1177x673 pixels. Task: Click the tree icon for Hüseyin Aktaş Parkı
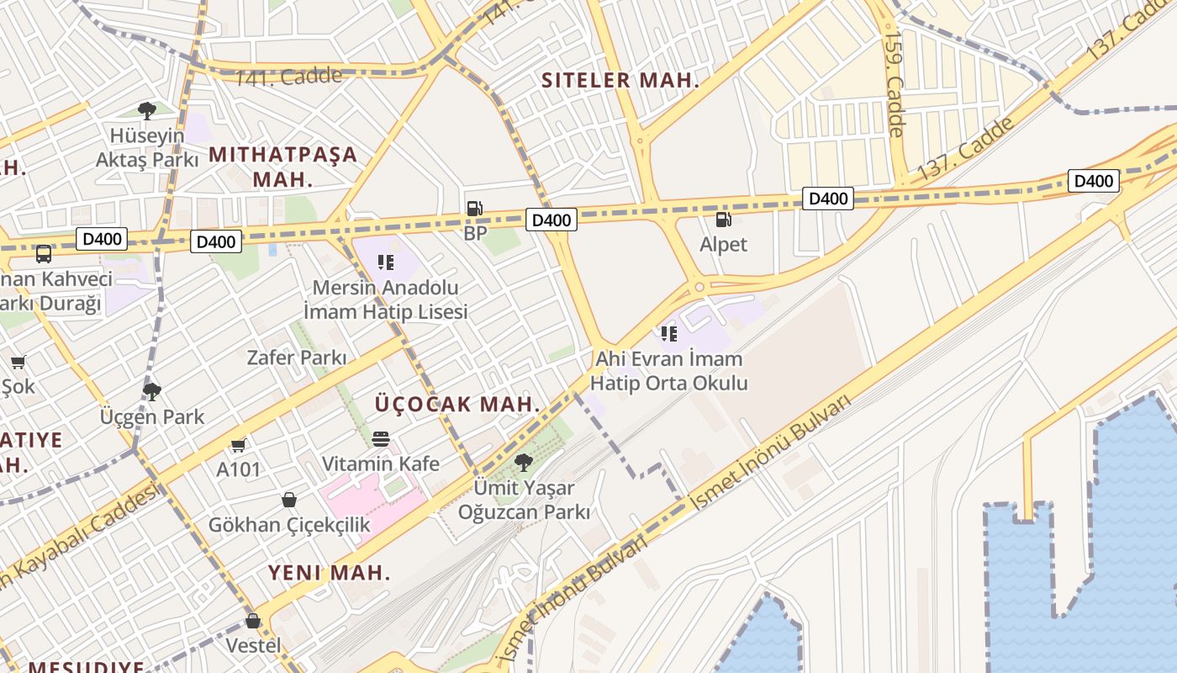[x=147, y=110]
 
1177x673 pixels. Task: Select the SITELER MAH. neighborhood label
[x=620, y=81]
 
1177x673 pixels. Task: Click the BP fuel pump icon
[x=475, y=208]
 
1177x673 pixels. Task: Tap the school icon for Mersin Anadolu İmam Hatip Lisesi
[x=386, y=262]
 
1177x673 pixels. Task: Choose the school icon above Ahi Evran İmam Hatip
[x=669, y=334]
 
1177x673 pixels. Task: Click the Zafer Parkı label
[x=296, y=358]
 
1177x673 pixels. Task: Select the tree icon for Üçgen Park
[x=152, y=391]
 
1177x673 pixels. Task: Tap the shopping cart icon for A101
[x=239, y=445]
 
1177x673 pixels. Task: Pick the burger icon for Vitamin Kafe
[x=381, y=439]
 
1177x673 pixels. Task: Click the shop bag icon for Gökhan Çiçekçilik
[x=289, y=500]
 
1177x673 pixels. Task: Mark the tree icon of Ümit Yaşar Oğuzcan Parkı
[x=523, y=462]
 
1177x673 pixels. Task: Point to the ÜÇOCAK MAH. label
[x=457, y=404]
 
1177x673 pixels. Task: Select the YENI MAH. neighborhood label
[x=330, y=573]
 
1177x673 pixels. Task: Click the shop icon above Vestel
[x=253, y=621]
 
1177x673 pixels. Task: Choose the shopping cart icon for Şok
[x=18, y=363]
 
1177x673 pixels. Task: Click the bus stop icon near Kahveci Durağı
[x=43, y=253]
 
